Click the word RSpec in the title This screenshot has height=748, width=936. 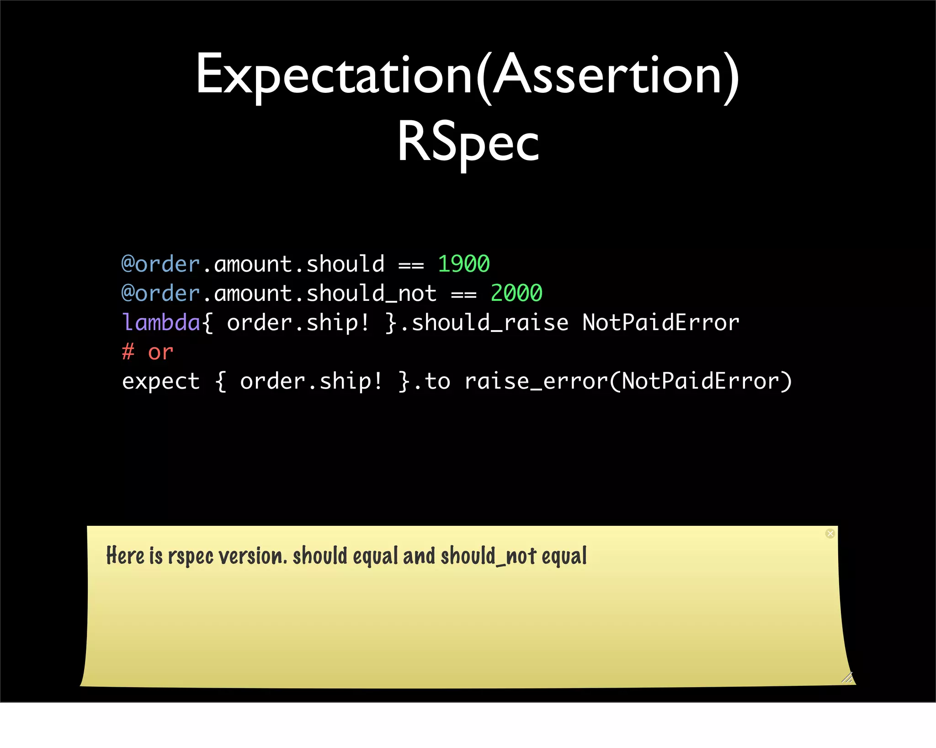tap(468, 142)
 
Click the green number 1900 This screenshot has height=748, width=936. tap(463, 264)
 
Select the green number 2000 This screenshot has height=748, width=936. tap(516, 293)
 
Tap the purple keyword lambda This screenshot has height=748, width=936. tap(161, 322)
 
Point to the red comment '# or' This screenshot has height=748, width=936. tap(147, 352)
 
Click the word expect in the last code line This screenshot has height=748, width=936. tap(161, 381)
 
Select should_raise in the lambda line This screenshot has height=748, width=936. tap(490, 323)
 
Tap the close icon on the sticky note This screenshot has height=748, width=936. tap(830, 534)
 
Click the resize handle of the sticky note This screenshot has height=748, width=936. tap(847, 678)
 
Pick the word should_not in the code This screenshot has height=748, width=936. tap(371, 294)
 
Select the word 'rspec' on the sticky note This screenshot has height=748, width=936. tap(191, 557)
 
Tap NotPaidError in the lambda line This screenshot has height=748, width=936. tap(660, 323)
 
